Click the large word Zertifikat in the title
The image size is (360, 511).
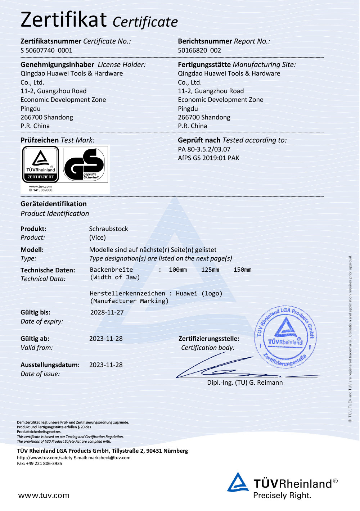(x=64, y=20)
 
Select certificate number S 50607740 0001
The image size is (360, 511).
(x=46, y=50)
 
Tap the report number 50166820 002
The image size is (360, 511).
(x=199, y=50)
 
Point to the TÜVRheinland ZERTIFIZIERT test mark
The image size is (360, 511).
(x=41, y=164)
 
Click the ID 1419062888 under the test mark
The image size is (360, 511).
(x=41, y=190)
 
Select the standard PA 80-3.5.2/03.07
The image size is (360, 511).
(x=204, y=149)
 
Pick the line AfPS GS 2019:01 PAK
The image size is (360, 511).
(x=208, y=158)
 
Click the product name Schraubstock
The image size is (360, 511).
(x=108, y=229)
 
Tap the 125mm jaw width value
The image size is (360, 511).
(x=210, y=270)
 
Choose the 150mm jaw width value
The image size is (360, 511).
(x=242, y=270)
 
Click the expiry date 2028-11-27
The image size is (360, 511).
(x=107, y=312)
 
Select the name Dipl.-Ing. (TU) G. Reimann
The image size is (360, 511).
(x=245, y=383)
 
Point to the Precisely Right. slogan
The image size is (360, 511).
(x=282, y=496)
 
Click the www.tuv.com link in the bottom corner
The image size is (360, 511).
(x=44, y=496)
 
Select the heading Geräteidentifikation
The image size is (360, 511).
(x=54, y=204)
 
